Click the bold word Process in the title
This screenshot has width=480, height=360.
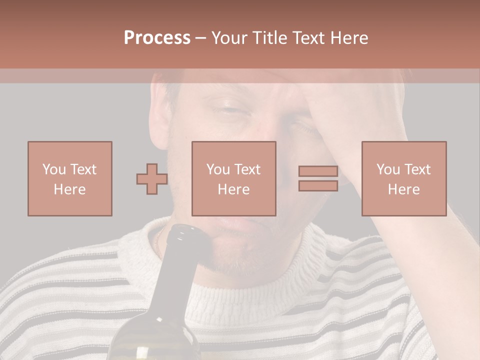coord(157,38)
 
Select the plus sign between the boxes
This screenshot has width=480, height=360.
coord(152,179)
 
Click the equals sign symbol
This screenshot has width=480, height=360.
coord(318,178)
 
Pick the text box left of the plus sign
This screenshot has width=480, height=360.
coord(70,178)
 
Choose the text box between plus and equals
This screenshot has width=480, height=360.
coord(234,178)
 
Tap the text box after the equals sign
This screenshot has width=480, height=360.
coord(404,178)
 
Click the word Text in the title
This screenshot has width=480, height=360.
coord(308,38)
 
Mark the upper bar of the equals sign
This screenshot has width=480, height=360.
coord(318,171)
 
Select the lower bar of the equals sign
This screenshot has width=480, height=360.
coord(318,185)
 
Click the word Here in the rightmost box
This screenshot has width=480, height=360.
coord(404,189)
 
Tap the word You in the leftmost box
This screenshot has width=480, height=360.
coord(54,169)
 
